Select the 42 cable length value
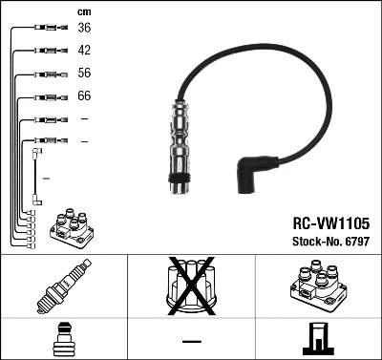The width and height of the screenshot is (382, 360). (x=84, y=50)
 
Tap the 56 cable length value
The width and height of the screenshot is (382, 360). (x=84, y=74)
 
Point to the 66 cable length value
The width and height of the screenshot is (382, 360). (x=84, y=96)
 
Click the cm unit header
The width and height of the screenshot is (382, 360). (x=84, y=11)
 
